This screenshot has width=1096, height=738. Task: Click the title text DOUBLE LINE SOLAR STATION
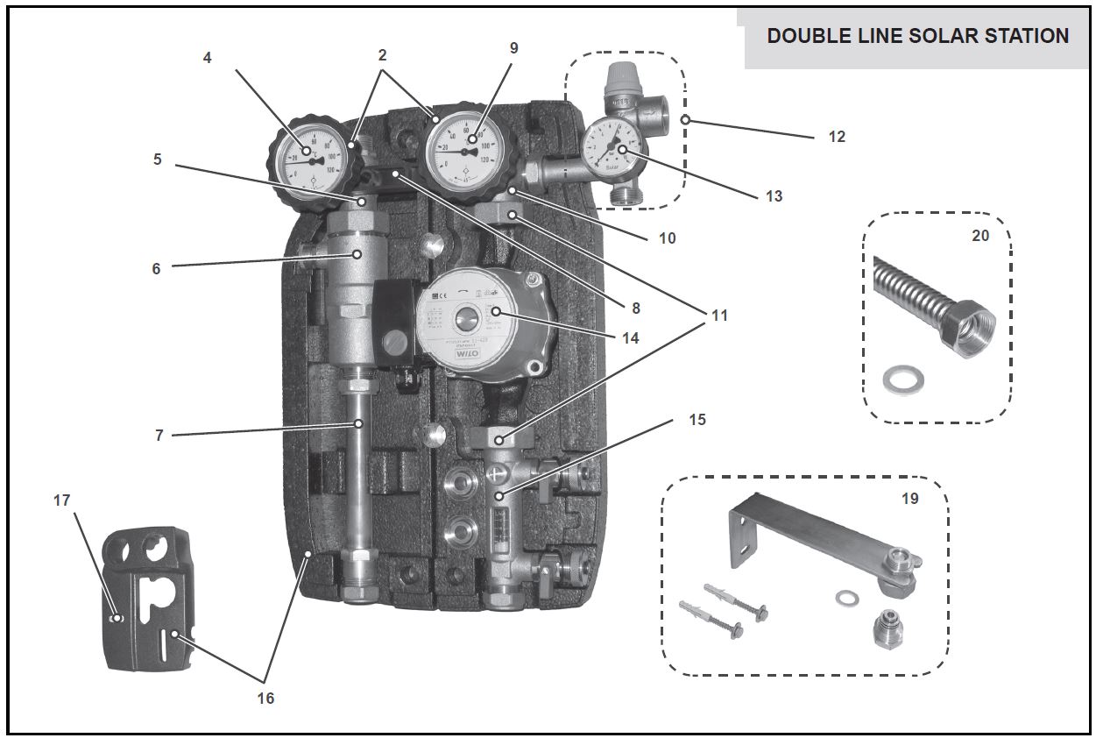coord(917,36)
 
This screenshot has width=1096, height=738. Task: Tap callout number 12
coord(836,137)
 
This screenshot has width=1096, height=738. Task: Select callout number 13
coord(773,196)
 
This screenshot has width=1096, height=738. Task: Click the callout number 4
coord(207,59)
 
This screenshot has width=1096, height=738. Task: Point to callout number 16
coord(265,698)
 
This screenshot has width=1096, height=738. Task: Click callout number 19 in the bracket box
coord(909,499)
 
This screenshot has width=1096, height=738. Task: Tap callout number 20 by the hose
coord(979,235)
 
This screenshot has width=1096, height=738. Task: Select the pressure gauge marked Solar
coord(612,146)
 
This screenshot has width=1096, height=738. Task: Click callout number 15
coord(696,420)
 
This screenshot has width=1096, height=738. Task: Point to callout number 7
coord(159,435)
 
